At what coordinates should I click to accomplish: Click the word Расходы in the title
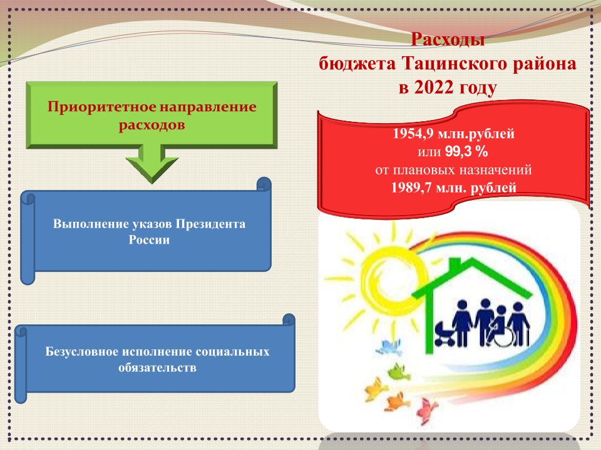click(x=448, y=40)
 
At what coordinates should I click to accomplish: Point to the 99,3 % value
click(x=466, y=152)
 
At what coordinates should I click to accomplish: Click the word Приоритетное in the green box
click(x=101, y=107)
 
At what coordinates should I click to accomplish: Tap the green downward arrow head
click(x=152, y=168)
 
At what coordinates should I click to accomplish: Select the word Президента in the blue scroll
click(x=210, y=224)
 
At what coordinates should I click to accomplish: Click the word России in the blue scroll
click(x=149, y=240)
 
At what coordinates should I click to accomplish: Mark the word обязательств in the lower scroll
click(x=158, y=367)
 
